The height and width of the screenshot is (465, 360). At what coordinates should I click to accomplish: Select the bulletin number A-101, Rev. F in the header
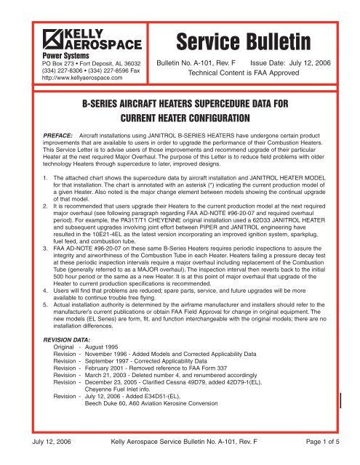click(x=201, y=64)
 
